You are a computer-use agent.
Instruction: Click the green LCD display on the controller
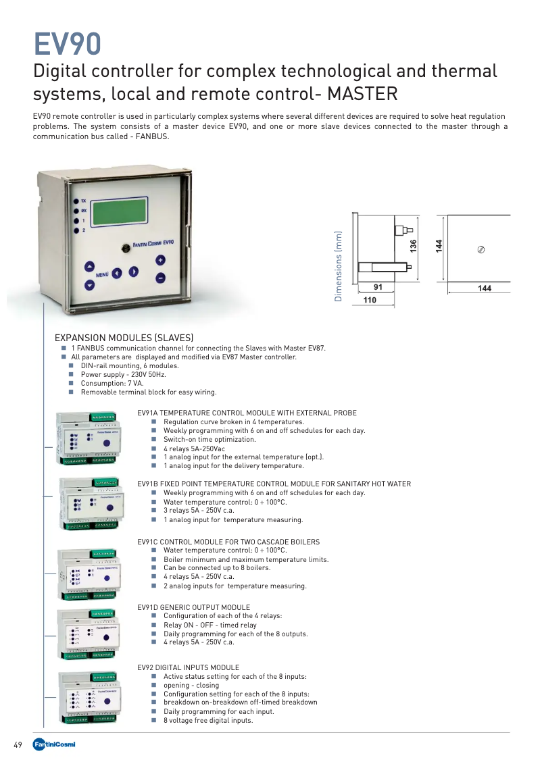click(123, 213)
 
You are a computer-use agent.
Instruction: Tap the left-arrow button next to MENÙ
click(117, 273)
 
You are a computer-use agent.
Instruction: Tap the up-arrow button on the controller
click(89, 266)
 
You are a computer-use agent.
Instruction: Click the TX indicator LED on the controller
click(75, 201)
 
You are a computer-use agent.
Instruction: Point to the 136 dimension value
click(414, 246)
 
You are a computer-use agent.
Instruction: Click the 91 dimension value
click(378, 288)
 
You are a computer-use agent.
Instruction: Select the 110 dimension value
click(370, 299)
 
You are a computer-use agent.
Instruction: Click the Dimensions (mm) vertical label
click(339, 266)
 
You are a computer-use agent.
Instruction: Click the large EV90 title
click(68, 44)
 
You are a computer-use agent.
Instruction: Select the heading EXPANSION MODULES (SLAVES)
click(124, 338)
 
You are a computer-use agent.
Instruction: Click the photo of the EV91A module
click(90, 438)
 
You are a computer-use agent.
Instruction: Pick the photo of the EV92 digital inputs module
click(90, 696)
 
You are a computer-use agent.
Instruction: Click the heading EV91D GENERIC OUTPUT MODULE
click(193, 607)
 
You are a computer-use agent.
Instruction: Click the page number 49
click(18, 745)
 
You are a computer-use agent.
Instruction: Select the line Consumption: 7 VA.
click(112, 383)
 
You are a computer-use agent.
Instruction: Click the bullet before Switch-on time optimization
click(154, 440)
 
